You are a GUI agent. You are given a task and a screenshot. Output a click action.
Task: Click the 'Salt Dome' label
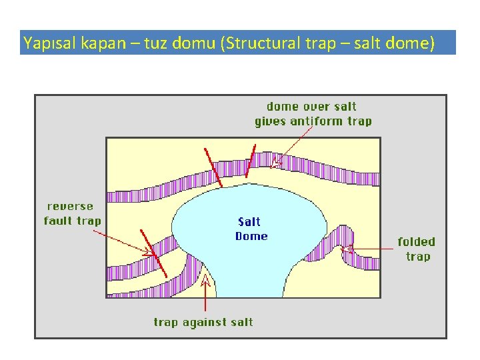coord(251,229)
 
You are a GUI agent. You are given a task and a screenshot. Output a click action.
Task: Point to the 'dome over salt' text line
coord(311,107)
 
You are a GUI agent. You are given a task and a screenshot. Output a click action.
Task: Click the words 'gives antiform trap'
coord(313,121)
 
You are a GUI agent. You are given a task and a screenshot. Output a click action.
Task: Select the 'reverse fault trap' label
coord(72,213)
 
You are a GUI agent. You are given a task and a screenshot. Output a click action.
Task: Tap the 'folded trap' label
coord(417,249)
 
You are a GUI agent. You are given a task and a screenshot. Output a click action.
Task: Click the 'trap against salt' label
coord(203,322)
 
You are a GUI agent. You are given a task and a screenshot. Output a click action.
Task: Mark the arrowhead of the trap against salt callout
coord(205,284)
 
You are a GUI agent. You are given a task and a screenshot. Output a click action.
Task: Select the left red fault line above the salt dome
coord(213,167)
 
